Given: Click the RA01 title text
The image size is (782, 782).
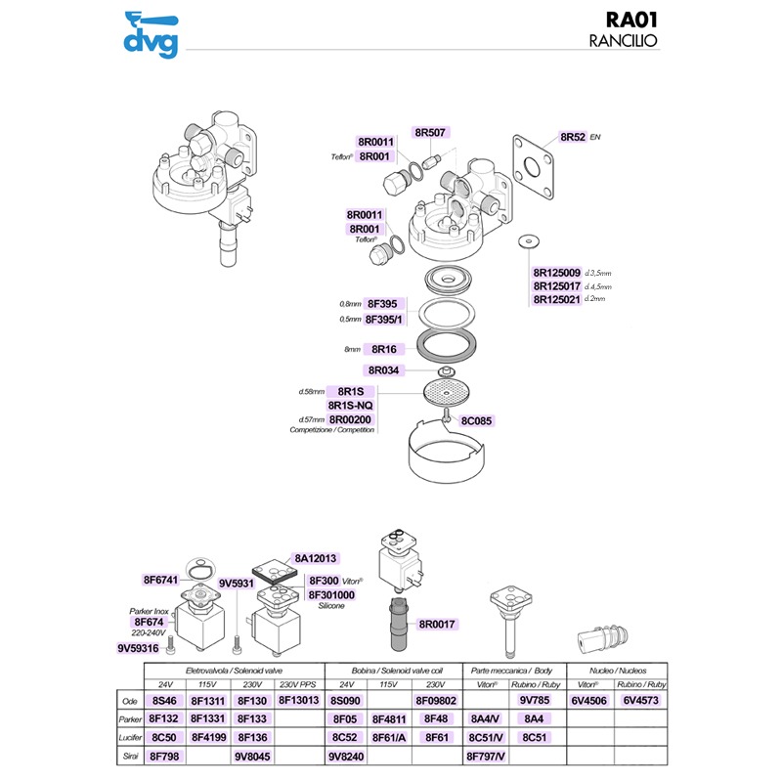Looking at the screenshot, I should pyautogui.click(x=622, y=21).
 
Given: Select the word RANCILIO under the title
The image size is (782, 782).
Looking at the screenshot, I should pyautogui.click(x=622, y=42).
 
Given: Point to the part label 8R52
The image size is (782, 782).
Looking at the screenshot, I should pyautogui.click(x=573, y=137).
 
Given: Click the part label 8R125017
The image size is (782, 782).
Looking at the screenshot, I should pyautogui.click(x=557, y=285).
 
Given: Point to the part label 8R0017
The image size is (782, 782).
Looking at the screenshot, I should pyautogui.click(x=436, y=623).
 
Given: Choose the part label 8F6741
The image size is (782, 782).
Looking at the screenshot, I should pyautogui.click(x=161, y=580).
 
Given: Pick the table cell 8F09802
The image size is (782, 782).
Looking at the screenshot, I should pyautogui.click(x=436, y=700).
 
